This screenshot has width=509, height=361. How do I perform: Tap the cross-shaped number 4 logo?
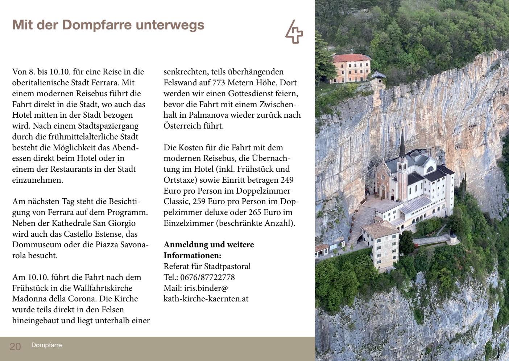[x=294, y=32]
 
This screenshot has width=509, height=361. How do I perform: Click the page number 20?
[x=15, y=346]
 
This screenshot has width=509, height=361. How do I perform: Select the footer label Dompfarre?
[x=46, y=345]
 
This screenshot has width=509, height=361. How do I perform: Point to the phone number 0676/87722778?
[x=207, y=277]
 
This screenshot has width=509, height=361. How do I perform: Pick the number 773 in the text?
[x=219, y=83]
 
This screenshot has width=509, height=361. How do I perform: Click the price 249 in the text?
[x=287, y=180]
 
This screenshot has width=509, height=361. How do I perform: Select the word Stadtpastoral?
[x=227, y=267]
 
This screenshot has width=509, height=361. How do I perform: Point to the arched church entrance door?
[x=382, y=190]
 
